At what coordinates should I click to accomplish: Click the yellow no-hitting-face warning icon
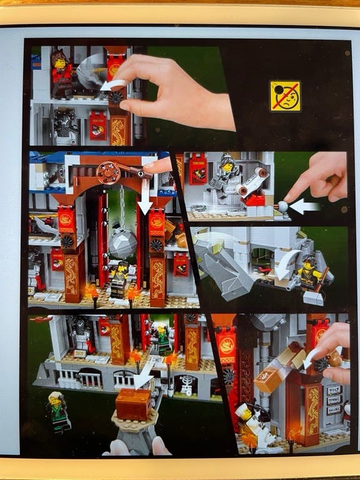(285, 96)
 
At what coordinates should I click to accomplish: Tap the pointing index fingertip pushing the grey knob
(289, 199)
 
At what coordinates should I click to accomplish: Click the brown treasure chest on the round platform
(134, 402)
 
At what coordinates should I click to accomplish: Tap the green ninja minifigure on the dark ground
(58, 411)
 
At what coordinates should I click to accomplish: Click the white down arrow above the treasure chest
(143, 376)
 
